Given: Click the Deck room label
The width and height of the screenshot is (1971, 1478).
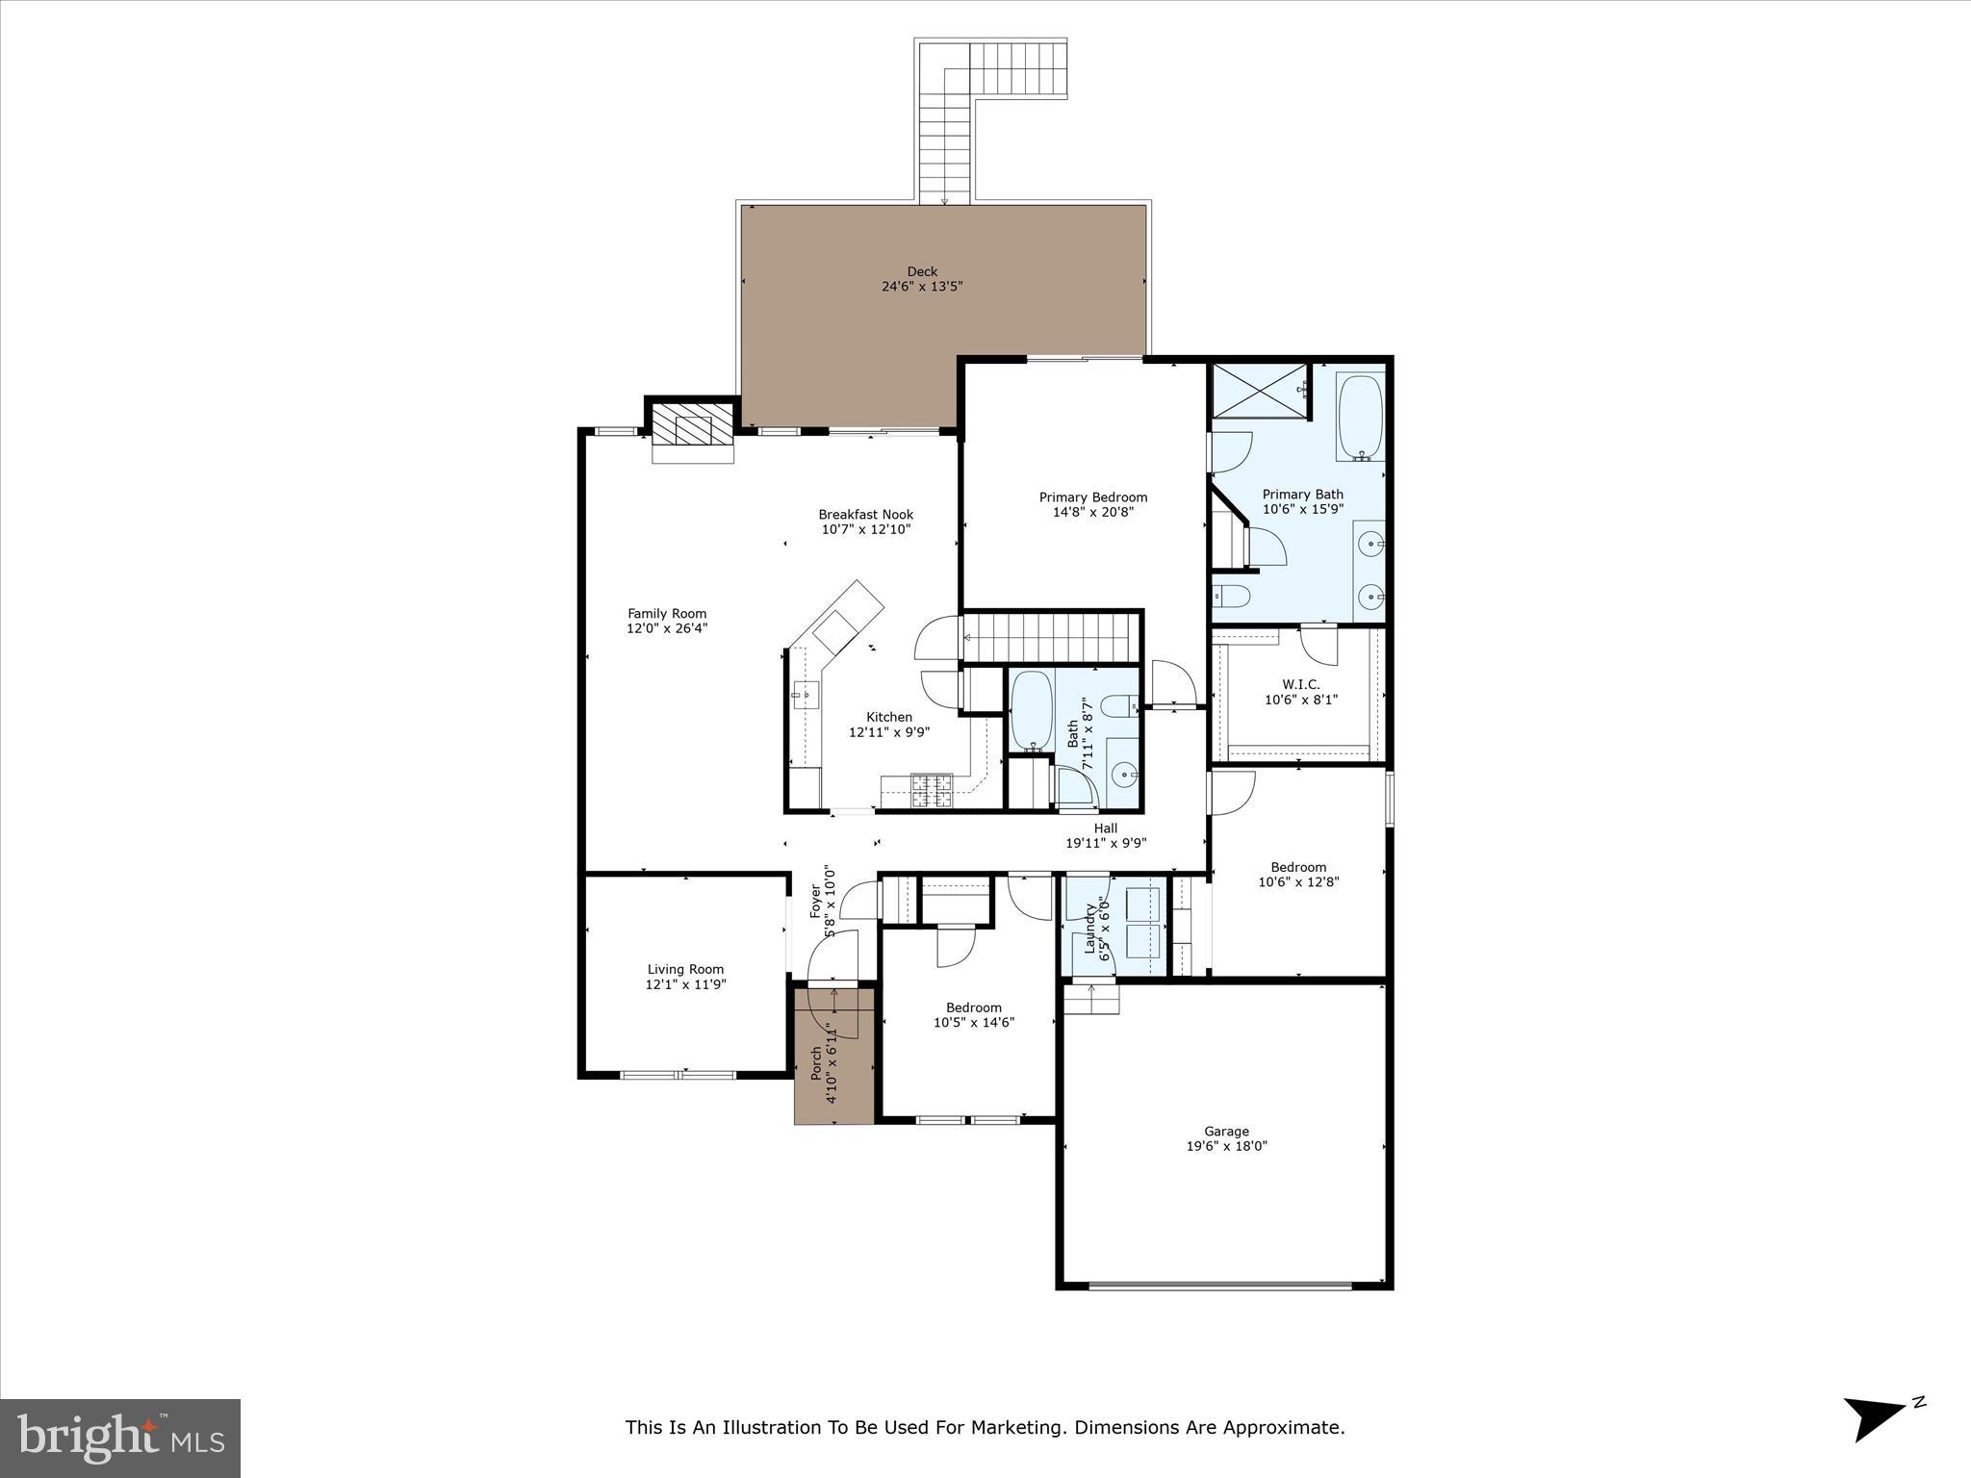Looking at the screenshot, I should click(x=922, y=272).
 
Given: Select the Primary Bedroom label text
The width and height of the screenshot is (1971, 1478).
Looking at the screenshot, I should click(x=1092, y=497).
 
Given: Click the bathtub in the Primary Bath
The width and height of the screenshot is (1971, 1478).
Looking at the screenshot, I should click(x=1360, y=417).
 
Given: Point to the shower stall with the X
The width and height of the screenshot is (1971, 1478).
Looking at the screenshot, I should click(x=1260, y=391).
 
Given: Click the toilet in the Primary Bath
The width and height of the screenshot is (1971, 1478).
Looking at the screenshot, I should click(x=1231, y=597).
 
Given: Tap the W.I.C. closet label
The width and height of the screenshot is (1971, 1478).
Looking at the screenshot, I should click(x=1300, y=685).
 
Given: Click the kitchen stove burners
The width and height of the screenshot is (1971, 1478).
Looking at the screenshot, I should click(x=932, y=790).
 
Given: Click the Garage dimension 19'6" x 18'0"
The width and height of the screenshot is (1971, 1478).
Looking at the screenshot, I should click(x=1226, y=1146).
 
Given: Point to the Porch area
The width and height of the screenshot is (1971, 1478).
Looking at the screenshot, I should click(x=833, y=1058).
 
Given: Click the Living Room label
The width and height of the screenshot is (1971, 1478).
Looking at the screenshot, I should click(x=685, y=969).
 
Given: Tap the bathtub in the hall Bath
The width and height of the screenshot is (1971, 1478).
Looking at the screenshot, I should click(x=1031, y=710).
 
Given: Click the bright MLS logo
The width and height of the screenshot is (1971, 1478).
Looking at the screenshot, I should click(x=120, y=1438).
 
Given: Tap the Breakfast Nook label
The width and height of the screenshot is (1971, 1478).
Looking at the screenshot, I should click(x=865, y=515).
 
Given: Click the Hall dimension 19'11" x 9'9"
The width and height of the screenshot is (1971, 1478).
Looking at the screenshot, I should click(x=1106, y=843).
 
